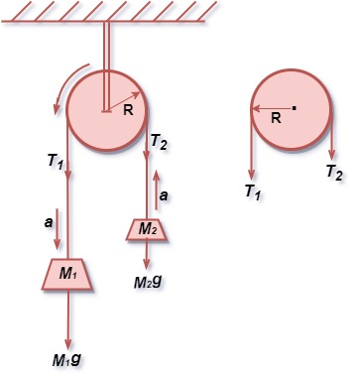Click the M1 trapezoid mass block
pyautogui.click(x=67, y=273)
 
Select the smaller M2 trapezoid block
pyautogui.click(x=147, y=229)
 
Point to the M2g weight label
pyautogui.click(x=149, y=281)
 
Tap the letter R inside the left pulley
pyautogui.click(x=128, y=110)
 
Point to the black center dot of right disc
pyautogui.click(x=295, y=105)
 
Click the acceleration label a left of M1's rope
pyautogui.click(x=49, y=224)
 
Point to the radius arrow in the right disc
pyautogui.click(x=272, y=106)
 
